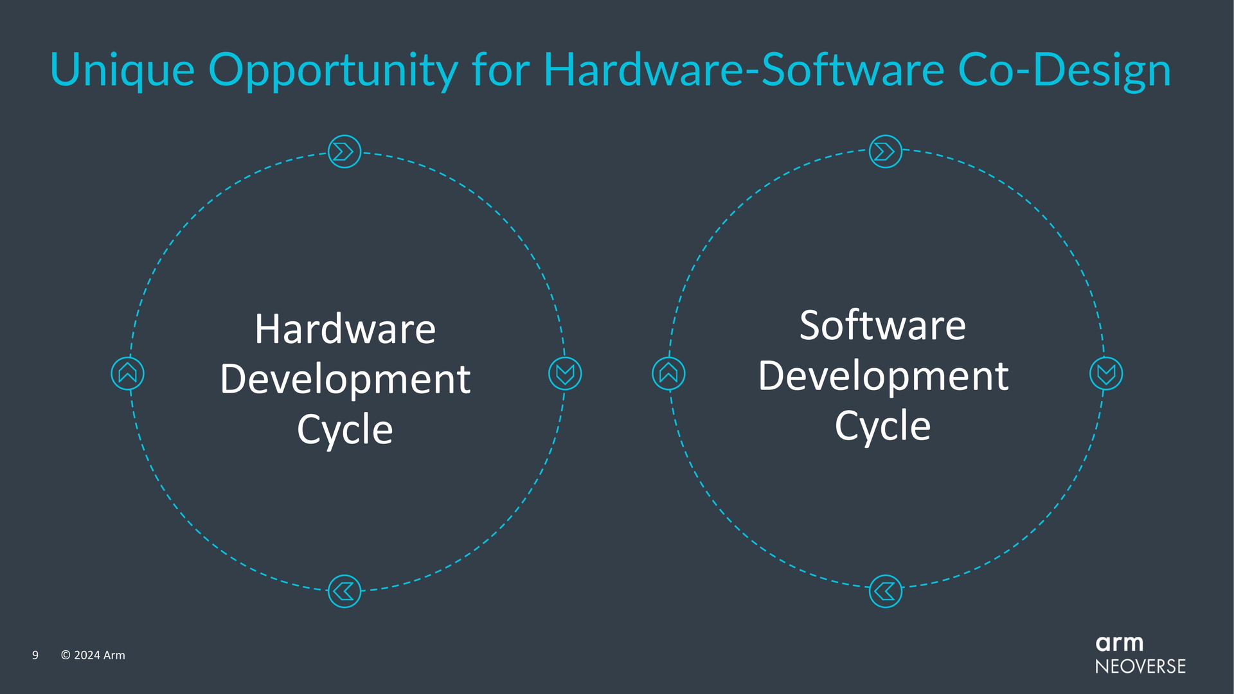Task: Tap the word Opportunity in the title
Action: (x=333, y=71)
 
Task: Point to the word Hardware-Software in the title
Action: (x=744, y=69)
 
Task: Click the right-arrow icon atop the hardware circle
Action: (x=344, y=152)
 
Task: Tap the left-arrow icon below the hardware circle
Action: (x=344, y=591)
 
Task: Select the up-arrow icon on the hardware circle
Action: (x=127, y=373)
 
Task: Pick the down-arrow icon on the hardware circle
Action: (x=565, y=373)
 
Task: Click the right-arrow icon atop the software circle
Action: (x=886, y=152)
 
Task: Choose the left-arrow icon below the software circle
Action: (x=886, y=591)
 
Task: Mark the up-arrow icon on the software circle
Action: (x=668, y=373)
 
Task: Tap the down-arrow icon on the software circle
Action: (x=1106, y=373)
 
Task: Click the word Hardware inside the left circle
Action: (x=345, y=329)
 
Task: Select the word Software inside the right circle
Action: (x=882, y=325)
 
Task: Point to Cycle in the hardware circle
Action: (x=345, y=430)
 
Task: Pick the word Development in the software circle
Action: (x=883, y=377)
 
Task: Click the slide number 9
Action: (x=35, y=655)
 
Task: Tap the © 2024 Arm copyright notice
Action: (x=93, y=655)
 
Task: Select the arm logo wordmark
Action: (x=1120, y=643)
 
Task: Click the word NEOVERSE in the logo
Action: (x=1141, y=666)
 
